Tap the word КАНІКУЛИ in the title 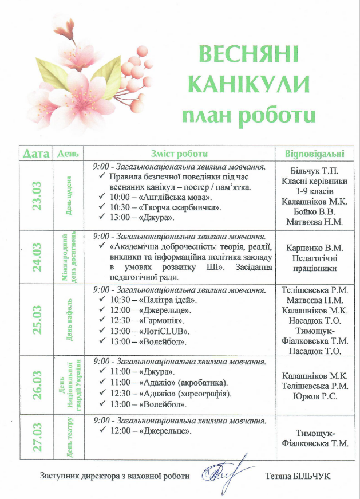point(249,85)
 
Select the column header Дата point(35,154)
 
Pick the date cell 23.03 point(37,195)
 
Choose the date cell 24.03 point(37,256)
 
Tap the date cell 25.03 point(37,319)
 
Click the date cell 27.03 point(37,438)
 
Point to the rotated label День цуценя point(69,195)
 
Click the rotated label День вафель point(69,319)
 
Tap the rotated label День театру point(69,438)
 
